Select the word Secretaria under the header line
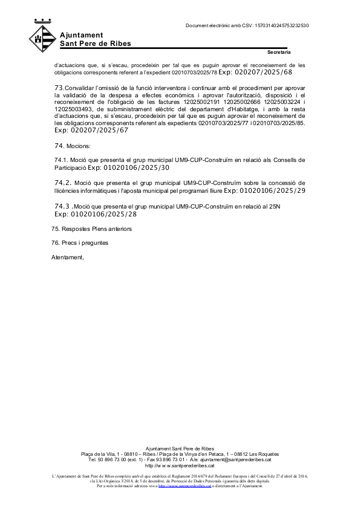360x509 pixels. coord(279,52)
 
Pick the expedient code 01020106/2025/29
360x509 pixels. coord(264,190)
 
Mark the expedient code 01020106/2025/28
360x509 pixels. coord(96,214)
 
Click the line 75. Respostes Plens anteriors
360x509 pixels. coord(91,229)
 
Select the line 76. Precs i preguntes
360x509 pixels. coord(80,243)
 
